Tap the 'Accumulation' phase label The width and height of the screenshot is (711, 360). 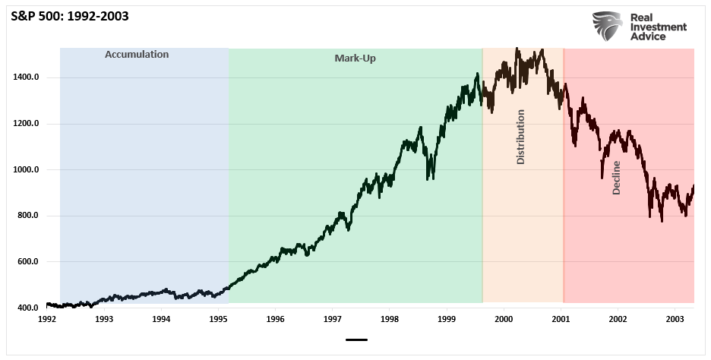pos(137,55)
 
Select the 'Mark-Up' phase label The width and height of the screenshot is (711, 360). pos(355,58)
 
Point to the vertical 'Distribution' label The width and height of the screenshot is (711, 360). pos(520,137)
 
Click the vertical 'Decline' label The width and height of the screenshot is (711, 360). pos(616,178)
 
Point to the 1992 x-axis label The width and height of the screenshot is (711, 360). pos(47,320)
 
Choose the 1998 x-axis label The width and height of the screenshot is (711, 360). pos(390,320)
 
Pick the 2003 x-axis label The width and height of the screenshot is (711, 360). pos(675,320)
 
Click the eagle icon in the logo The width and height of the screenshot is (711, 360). pos(608,27)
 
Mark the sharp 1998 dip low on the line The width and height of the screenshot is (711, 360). pos(430,178)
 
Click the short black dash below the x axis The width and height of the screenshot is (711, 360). pos(355,340)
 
